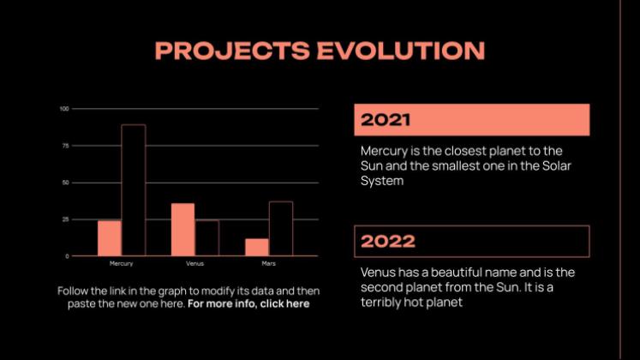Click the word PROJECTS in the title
232,51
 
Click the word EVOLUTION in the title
401,51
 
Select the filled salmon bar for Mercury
110,238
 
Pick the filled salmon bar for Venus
182,230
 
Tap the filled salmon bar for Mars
257,248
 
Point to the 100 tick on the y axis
64,109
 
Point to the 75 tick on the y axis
66,146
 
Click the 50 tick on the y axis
66,183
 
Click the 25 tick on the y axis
66,219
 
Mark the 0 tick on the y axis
68,256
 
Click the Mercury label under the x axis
121,264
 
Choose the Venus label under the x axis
194,264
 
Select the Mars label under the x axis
268,264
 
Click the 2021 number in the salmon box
386,120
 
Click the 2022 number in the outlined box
388,241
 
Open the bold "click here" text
285,303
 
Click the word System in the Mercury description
382,181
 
